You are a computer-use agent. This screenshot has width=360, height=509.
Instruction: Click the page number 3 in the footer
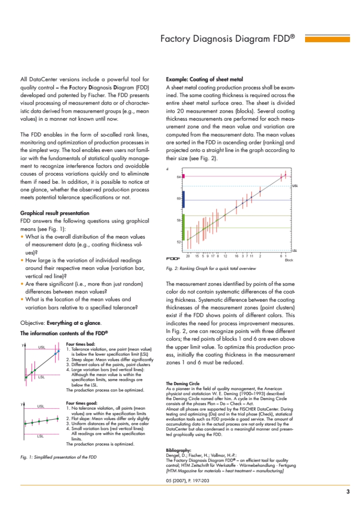point(348,492)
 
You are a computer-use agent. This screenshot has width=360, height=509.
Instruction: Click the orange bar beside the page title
point(324,39)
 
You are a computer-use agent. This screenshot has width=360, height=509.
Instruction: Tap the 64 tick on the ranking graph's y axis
point(179,177)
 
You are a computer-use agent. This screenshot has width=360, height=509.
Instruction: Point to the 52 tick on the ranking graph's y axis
point(179,242)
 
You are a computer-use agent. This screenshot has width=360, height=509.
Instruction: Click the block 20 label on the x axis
point(188,256)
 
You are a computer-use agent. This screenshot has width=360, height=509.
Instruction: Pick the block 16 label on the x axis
point(236,256)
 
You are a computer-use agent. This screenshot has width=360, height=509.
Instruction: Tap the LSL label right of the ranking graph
point(295,250)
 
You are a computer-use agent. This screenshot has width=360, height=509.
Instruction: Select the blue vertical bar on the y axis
point(183,199)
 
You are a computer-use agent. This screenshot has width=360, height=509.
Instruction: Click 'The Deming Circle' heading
point(183,384)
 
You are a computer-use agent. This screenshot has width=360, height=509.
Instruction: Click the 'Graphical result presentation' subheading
point(54,213)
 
